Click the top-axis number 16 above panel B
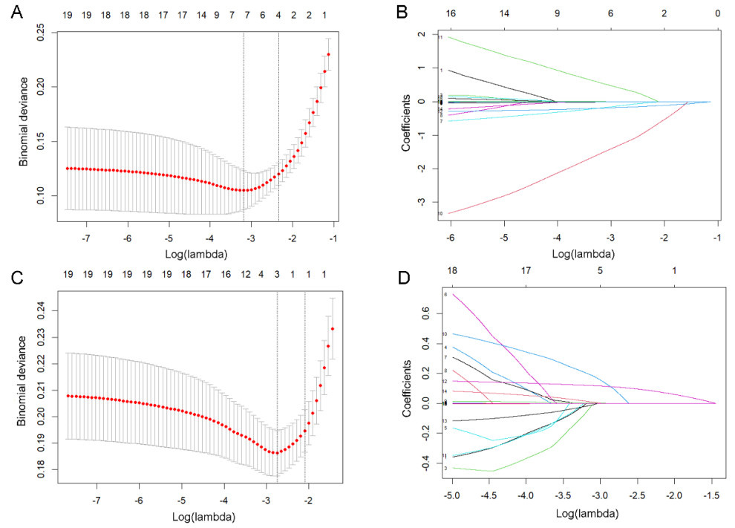[x=450, y=14]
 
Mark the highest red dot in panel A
[x=329, y=54]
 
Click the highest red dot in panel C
[x=333, y=329]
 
